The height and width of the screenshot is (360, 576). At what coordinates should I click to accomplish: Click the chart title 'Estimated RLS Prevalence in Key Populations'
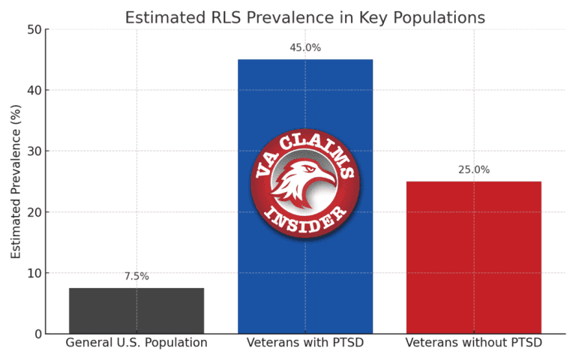point(304,17)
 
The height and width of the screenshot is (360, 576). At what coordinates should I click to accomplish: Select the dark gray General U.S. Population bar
point(136,310)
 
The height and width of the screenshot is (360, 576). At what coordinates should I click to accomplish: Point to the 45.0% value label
point(305,48)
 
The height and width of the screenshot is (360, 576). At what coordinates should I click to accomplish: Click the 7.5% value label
point(136,276)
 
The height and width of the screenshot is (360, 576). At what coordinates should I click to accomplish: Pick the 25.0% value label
point(473,170)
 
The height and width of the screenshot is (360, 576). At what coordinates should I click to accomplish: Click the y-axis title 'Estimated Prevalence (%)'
point(16,181)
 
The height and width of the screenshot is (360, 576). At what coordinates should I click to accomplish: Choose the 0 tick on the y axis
point(37,334)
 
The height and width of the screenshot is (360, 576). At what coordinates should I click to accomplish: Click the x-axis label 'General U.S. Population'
point(136,343)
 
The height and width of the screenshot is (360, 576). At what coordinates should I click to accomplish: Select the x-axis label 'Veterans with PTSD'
point(305,343)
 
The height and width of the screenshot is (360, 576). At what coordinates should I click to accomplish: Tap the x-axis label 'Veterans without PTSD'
point(473,343)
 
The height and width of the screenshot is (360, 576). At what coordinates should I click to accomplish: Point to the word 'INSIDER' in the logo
point(305,217)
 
